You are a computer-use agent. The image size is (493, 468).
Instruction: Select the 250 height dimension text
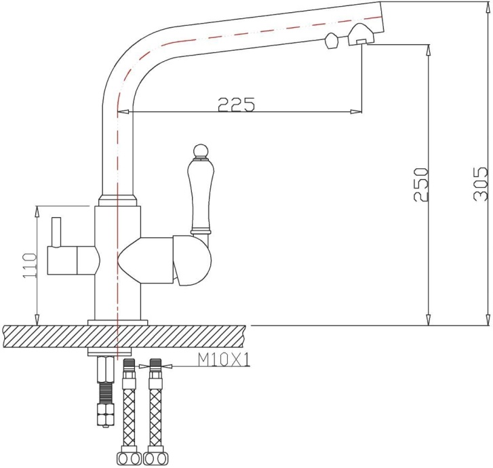(x=420, y=182)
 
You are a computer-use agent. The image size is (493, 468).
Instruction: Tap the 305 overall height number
(x=479, y=182)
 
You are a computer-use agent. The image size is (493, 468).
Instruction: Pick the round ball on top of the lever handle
(x=199, y=150)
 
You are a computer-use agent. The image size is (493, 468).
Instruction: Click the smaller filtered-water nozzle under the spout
(x=332, y=41)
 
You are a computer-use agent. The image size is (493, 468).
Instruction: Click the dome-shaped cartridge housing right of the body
(x=193, y=260)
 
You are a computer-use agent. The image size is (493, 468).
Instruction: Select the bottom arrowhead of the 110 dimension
(x=35, y=319)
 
